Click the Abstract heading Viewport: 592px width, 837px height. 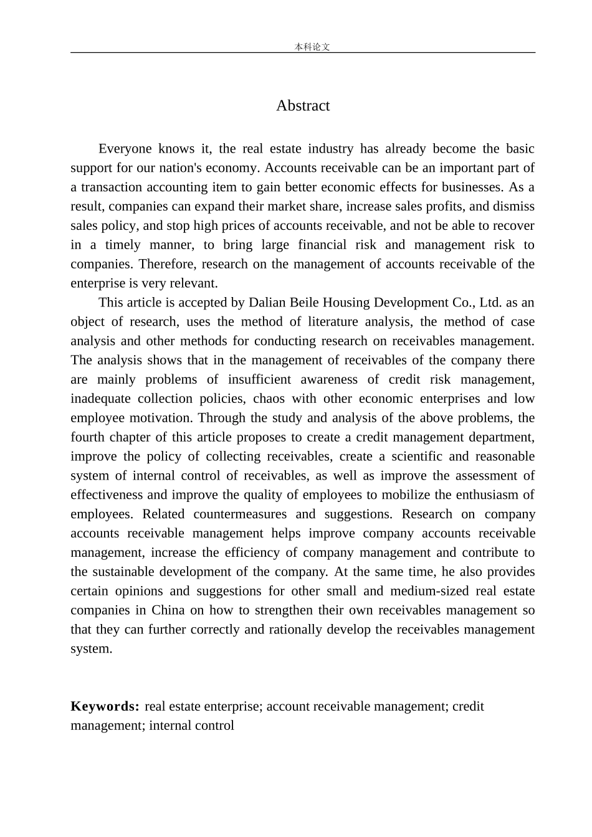point(303,106)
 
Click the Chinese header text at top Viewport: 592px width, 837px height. point(312,47)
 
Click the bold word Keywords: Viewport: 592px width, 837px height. point(105,706)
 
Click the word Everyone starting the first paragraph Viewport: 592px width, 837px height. point(125,149)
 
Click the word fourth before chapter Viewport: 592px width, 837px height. point(88,437)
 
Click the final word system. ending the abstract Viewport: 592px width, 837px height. point(92,649)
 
